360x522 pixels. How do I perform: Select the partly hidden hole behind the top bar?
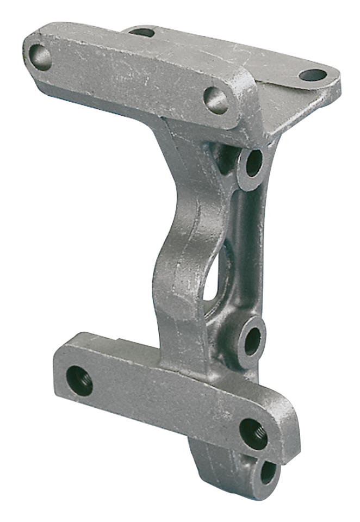click(x=143, y=33)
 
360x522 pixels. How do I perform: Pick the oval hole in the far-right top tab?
click(x=313, y=75)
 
